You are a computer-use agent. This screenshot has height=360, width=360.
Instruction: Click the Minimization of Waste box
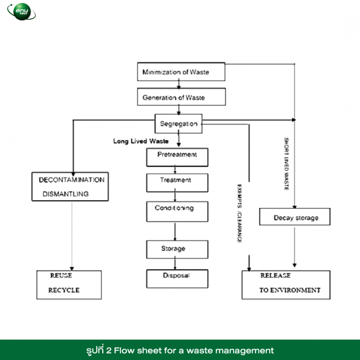tap(181, 72)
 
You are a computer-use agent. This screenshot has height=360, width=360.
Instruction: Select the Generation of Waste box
tap(181, 97)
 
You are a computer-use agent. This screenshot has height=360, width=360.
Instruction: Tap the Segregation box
tap(179, 124)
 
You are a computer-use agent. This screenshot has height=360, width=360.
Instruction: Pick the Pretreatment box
tap(177, 157)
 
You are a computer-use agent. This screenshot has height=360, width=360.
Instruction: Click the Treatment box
tap(177, 183)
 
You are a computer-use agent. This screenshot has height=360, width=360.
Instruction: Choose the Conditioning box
tap(177, 211)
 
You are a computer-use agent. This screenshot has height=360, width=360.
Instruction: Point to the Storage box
tap(177, 249)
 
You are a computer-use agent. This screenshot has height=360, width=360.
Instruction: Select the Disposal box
tap(177, 279)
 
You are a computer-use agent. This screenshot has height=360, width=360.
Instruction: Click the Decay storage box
tap(295, 217)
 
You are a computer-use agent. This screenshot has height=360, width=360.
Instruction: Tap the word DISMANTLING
tap(66, 194)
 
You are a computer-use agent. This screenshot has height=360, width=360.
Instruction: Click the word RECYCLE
tap(64, 290)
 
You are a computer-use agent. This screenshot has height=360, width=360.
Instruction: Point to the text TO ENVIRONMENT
tap(290, 290)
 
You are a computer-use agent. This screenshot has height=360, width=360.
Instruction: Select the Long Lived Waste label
tap(141, 141)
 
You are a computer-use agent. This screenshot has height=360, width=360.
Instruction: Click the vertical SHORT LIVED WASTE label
tap(286, 164)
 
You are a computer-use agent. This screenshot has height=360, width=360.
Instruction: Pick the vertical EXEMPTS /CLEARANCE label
tap(239, 214)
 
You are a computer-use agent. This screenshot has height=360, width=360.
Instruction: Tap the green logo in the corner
tap(22, 11)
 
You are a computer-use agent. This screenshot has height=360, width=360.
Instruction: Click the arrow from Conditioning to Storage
tap(175, 232)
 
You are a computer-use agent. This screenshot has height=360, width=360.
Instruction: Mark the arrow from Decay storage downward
tap(294, 247)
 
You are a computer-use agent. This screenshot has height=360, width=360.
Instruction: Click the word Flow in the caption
tap(124, 351)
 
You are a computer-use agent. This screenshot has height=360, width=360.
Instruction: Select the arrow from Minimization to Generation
tap(179, 84)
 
